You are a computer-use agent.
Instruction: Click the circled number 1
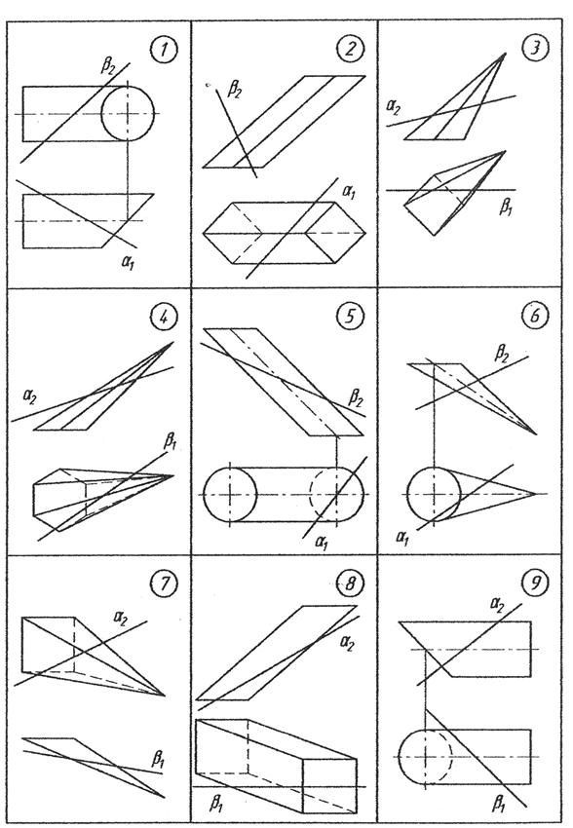pos(163,51)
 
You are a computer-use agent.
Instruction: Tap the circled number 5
pos(348,316)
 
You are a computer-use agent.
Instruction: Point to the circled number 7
pos(162,583)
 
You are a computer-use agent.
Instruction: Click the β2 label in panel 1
pos(108,66)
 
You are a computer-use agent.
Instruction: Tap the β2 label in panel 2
pos(235,89)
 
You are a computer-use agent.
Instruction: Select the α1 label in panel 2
pos(349,194)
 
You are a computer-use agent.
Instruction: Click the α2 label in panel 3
pos(394,108)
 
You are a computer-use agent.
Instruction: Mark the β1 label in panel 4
pos(170,441)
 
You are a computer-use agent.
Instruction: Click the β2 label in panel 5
pos(355,398)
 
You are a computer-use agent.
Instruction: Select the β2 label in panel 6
pos(501,353)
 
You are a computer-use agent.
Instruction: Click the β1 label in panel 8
pos(216,805)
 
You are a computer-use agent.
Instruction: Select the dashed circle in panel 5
pos(310,495)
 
